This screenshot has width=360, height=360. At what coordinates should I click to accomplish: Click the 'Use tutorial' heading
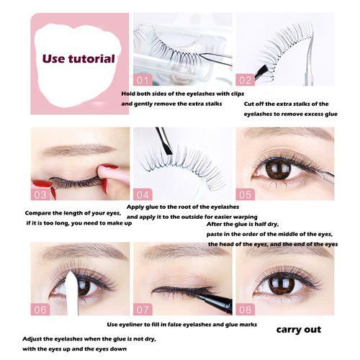point(78,59)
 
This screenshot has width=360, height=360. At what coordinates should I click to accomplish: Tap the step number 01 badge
point(143,80)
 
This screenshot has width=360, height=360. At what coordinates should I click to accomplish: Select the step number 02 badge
point(245,80)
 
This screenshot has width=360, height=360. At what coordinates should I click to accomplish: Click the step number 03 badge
point(40,194)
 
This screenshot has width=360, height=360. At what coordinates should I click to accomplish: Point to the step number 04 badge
point(143,194)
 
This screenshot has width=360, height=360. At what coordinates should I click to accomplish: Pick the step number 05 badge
point(245,194)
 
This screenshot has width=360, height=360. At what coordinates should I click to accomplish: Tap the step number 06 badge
point(40,310)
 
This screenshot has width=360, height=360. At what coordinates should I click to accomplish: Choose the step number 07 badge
point(143,310)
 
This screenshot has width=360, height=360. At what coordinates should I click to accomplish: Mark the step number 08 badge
point(245,310)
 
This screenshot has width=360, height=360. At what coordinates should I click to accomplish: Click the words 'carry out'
point(299,330)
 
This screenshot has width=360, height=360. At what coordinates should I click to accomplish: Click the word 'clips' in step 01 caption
point(237,94)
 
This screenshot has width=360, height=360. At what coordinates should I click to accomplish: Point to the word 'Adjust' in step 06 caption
point(30,339)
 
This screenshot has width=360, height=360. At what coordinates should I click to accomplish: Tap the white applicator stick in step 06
point(71,292)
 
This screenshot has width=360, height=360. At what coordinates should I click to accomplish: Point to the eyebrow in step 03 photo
point(78,149)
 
